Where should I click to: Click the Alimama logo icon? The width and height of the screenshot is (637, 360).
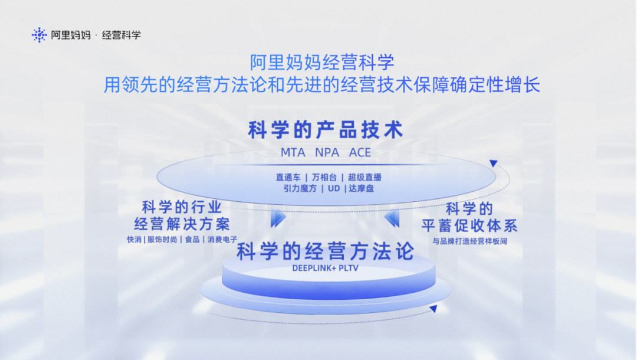39,35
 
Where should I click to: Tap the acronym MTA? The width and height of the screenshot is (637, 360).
293,152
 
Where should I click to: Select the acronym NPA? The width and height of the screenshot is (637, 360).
327,152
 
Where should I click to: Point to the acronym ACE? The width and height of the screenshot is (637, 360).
360,152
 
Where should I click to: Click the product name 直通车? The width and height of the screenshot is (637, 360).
288,177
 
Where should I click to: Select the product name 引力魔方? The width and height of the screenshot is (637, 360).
298,188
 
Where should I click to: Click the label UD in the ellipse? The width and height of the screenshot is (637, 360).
334,188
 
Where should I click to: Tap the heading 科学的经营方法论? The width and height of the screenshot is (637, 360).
325,252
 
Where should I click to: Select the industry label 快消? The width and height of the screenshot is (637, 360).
134,240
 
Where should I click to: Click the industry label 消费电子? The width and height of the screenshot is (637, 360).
222,240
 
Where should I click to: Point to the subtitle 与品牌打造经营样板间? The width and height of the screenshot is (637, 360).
469,241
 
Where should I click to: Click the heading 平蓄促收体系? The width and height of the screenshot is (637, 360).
469,225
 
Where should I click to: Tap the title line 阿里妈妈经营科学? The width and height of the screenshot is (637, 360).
321,62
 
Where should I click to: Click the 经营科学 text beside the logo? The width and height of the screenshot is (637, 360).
122,35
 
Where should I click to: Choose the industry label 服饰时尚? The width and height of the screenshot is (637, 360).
162,240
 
